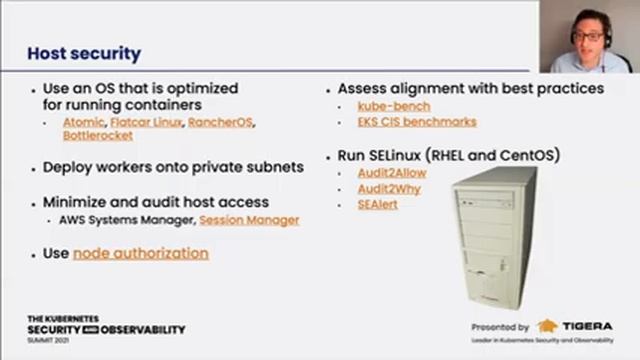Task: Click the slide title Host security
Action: [83, 54]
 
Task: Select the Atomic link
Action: [83, 122]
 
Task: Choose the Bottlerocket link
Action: [97, 135]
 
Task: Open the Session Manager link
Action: [249, 220]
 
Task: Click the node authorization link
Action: [141, 253]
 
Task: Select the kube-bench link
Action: [394, 105]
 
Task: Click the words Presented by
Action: [500, 327]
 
